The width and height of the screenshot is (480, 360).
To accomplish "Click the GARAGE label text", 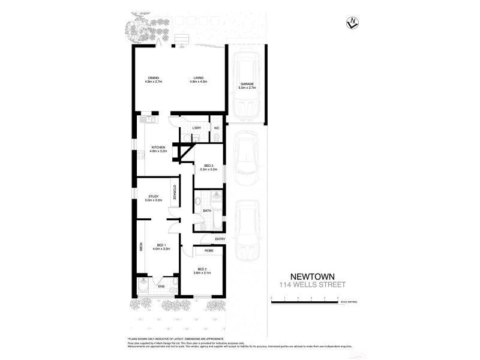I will click(248, 83).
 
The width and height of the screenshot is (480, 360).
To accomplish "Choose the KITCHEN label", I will click(158, 147).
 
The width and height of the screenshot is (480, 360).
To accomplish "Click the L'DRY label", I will click(196, 128).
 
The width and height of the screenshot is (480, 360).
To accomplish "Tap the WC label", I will click(216, 128).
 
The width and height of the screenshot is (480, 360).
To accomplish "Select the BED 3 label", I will click(209, 166).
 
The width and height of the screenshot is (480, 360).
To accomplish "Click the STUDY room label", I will click(153, 196).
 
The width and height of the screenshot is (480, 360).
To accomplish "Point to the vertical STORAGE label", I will click(175, 193).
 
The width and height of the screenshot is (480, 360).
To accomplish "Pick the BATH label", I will click(206, 211).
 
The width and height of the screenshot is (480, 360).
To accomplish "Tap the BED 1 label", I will click(161, 245).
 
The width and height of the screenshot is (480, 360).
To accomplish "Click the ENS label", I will click(161, 286).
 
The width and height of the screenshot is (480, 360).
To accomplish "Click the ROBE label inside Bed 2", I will click(209, 250).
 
